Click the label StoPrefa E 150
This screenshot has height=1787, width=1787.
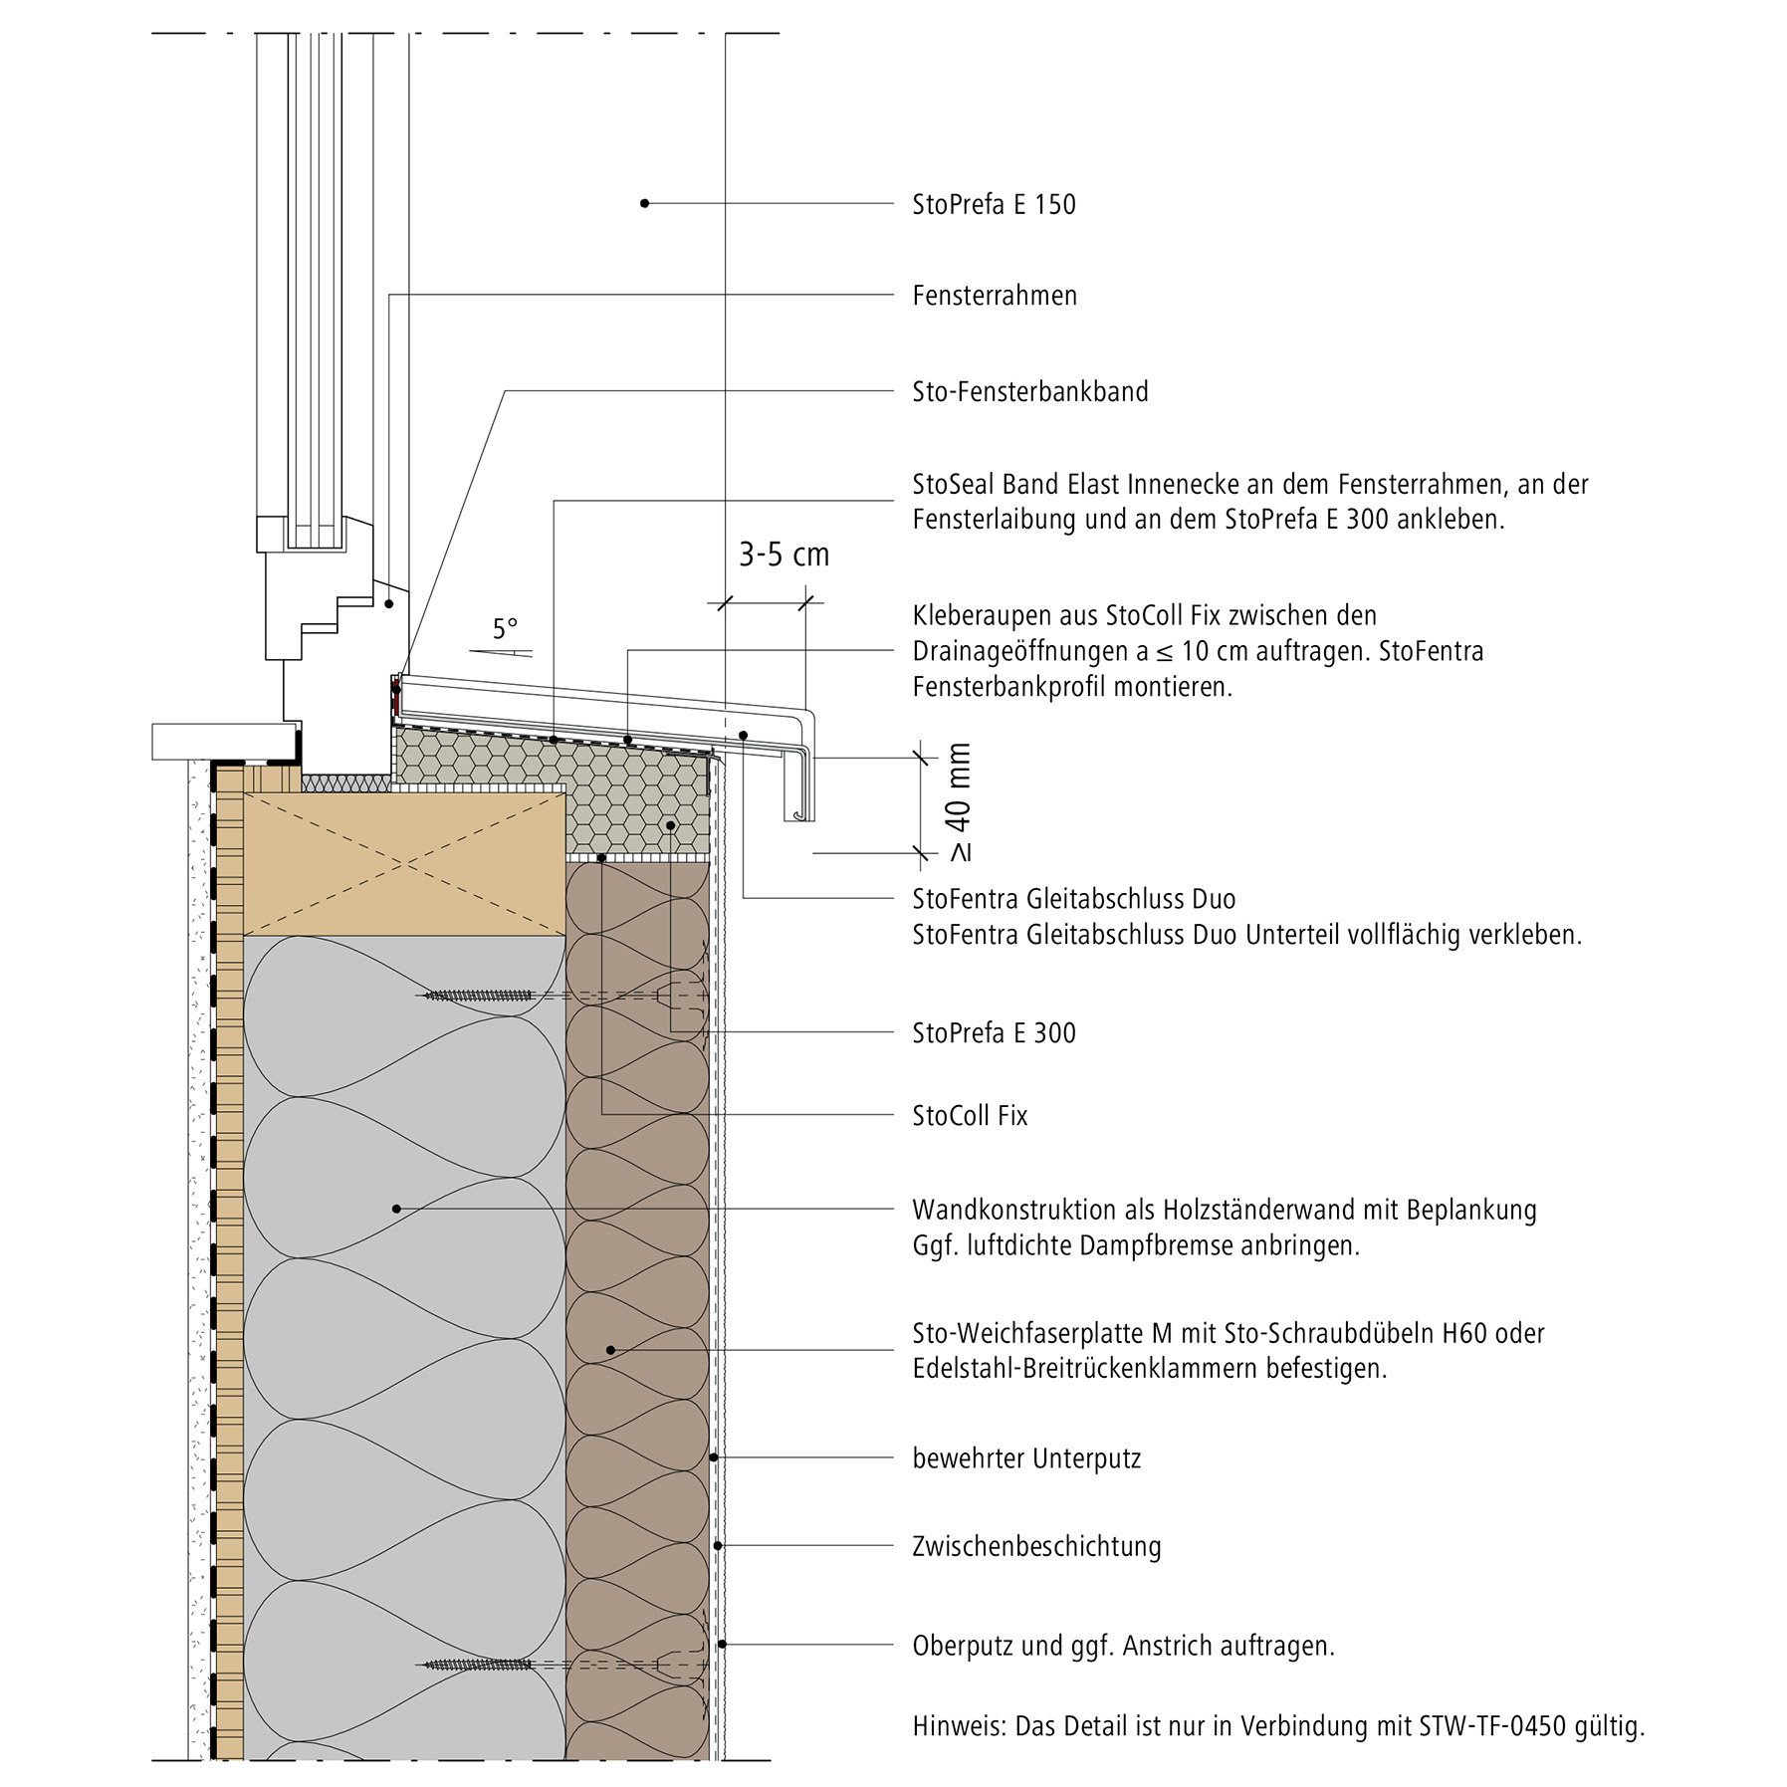[994, 204]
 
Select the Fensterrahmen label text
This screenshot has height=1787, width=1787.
[995, 296]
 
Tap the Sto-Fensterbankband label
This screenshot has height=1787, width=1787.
[1029, 391]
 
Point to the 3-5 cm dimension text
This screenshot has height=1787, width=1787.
[783, 555]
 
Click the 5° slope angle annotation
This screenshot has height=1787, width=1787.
[505, 629]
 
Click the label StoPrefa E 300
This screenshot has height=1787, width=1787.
[994, 1032]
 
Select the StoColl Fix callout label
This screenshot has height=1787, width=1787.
[970, 1115]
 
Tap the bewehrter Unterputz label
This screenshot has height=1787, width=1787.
[1026, 1458]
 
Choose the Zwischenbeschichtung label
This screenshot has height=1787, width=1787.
[1036, 1546]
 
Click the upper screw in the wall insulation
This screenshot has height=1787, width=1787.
[479, 995]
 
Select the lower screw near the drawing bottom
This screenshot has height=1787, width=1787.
[479, 1664]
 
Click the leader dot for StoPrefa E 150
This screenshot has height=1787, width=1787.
[644, 203]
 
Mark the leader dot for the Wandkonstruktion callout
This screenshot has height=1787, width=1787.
[396, 1209]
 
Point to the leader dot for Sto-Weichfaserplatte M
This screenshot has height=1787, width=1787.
[611, 1350]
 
